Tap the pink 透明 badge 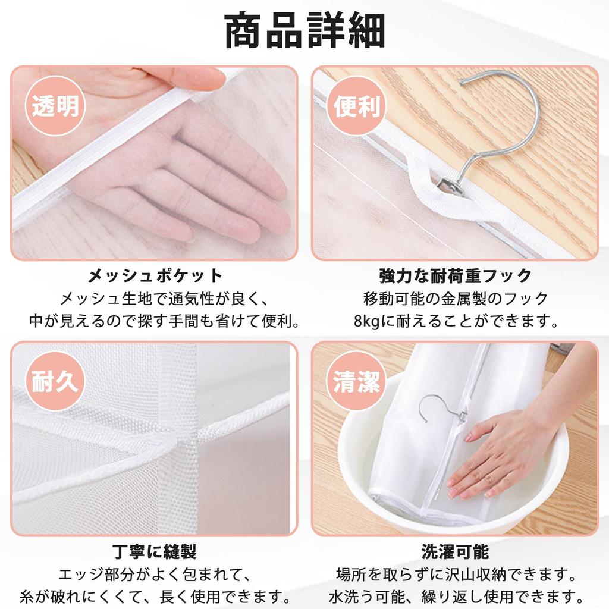pyautogui.click(x=55, y=106)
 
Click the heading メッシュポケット pyautogui.click(x=155, y=276)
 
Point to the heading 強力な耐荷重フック pyautogui.click(x=455, y=276)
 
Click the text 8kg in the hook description pyautogui.click(x=366, y=322)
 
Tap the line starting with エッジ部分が pyautogui.click(x=155, y=575)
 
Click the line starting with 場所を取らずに pyautogui.click(x=455, y=575)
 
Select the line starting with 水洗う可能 pyautogui.click(x=455, y=595)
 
